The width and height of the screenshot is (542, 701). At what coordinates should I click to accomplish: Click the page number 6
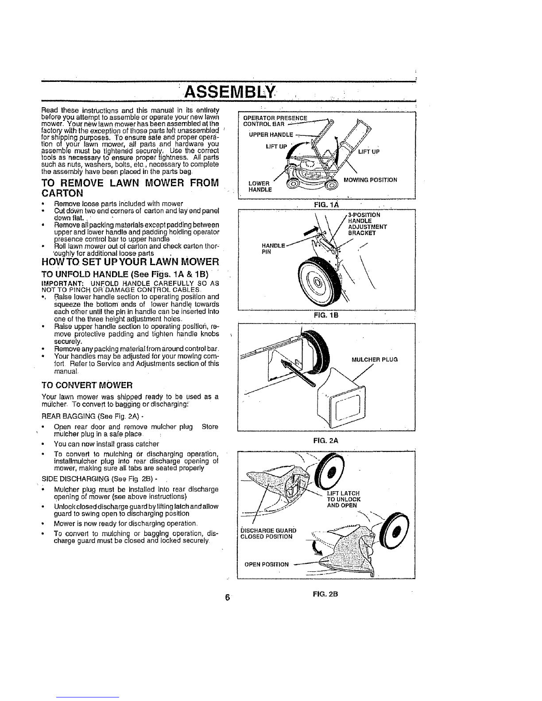click(x=227, y=597)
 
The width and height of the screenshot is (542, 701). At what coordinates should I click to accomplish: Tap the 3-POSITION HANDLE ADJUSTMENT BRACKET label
click(x=368, y=223)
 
